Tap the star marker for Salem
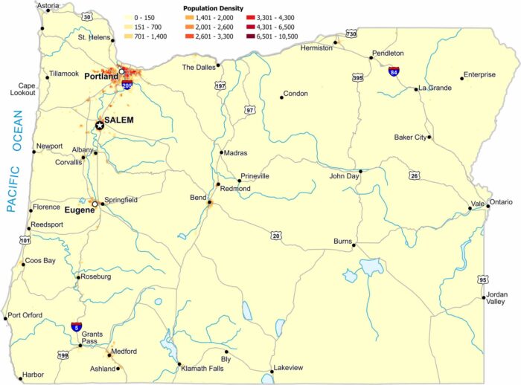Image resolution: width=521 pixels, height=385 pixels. click(100, 126)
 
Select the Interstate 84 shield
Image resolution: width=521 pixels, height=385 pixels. click(393, 71)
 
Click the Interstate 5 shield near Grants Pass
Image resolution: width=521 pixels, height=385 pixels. click(76, 326)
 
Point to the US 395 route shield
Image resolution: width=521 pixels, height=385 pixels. click(358, 77)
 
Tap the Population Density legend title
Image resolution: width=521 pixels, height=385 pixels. click(214, 7)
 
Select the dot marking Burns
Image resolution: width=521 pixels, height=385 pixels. click(354, 245)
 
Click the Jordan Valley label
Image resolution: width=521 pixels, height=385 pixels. click(496, 298)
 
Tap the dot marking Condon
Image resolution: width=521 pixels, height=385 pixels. click(282, 96)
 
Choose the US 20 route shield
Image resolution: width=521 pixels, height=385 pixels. click(276, 236)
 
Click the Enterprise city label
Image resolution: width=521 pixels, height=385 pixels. click(479, 74)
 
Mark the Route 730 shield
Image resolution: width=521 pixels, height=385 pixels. click(351, 33)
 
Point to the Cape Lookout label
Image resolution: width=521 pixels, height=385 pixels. click(22, 88)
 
